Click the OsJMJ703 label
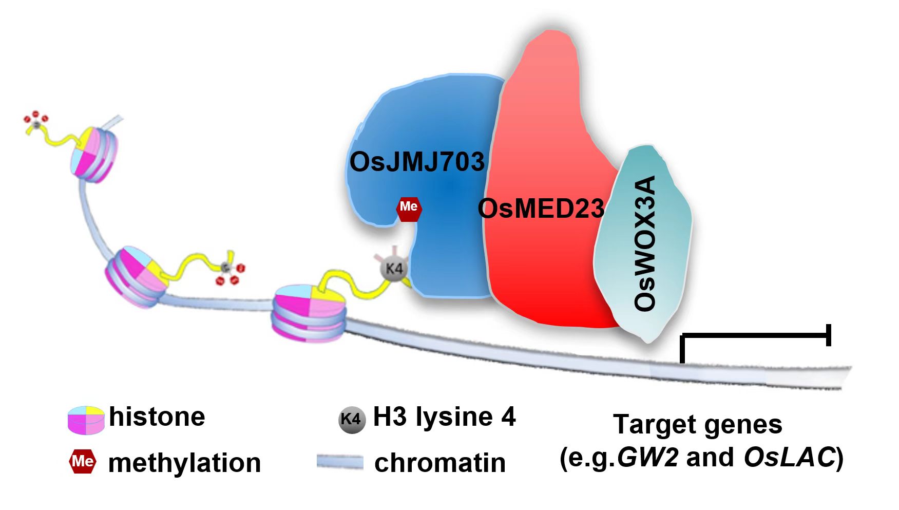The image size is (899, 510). click(x=416, y=162)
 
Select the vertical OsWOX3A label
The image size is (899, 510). click(x=645, y=243)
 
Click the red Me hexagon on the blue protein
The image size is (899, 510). click(x=409, y=207)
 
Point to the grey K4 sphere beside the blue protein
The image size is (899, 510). click(x=394, y=268)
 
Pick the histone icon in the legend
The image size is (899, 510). click(x=86, y=420)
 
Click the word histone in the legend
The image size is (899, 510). click(x=157, y=416)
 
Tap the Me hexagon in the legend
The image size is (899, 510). click(x=82, y=461)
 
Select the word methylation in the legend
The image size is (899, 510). click(x=184, y=463)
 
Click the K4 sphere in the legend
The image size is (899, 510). click(x=352, y=420)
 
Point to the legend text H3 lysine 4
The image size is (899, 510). click(x=444, y=417)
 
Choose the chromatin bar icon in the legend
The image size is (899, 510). click(x=339, y=462)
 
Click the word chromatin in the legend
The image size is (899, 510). click(x=440, y=463)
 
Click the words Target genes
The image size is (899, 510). click(x=698, y=424)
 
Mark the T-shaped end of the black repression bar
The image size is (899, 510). click(x=828, y=335)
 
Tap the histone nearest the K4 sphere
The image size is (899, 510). click(x=309, y=312)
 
